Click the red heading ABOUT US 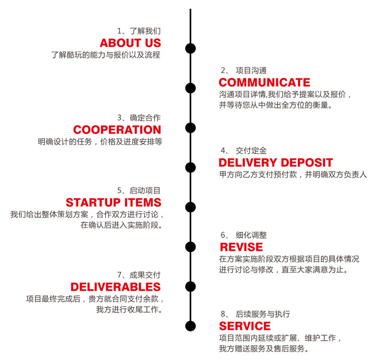click(131, 43)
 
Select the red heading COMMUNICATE click(264, 83)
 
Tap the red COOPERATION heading click(117, 130)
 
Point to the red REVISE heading click(241, 247)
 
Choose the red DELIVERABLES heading click(116, 287)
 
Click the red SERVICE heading click(245, 327)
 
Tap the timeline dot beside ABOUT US click(190, 48)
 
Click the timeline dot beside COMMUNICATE click(190, 88)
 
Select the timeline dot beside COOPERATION click(190, 127)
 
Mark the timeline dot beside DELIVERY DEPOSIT click(190, 167)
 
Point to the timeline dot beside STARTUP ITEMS click(190, 207)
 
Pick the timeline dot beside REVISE click(190, 246)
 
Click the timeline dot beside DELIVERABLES click(190, 285)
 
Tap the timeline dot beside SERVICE click(190, 325)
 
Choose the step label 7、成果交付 click(139, 275)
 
